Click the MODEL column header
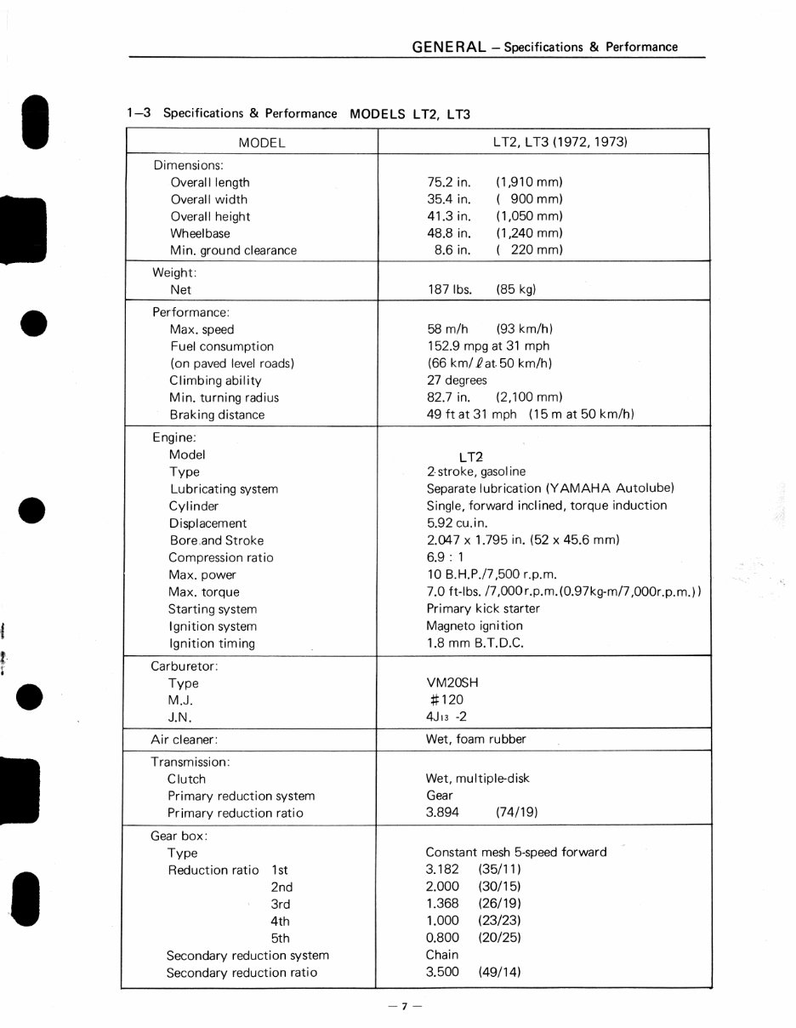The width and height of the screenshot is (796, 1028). tap(261, 143)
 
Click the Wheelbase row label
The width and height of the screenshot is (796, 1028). tap(200, 233)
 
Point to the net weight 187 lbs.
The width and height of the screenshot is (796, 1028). tap(449, 289)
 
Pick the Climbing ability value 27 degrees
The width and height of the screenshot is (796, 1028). tap(457, 380)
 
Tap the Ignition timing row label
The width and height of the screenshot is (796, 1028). tap(212, 643)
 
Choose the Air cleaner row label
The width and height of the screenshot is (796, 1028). tap(184, 740)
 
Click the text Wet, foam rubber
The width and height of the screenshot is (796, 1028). tap(475, 740)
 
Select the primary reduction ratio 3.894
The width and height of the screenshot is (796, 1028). tap(442, 813)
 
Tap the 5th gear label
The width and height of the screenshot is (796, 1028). tap(280, 938)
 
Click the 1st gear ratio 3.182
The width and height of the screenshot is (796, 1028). tap(442, 870)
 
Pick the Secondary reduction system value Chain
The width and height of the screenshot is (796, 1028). tap(441, 955)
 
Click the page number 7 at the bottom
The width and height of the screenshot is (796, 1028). tap(405, 1006)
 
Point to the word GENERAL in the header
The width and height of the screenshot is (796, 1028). tap(448, 47)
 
